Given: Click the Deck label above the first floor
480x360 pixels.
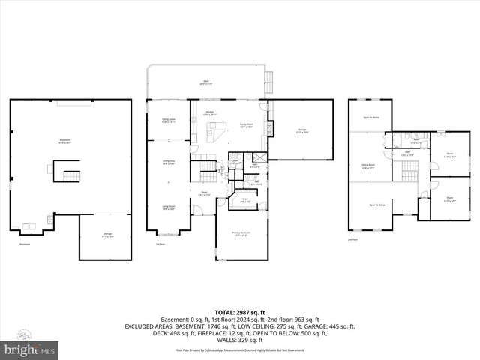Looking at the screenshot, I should point(205,83).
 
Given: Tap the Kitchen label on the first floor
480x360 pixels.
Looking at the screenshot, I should point(211,115).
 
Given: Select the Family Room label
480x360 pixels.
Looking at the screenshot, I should point(245,126).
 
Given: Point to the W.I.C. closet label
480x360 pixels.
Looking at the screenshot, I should point(244,200).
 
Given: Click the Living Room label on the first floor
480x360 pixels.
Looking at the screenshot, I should point(168,208).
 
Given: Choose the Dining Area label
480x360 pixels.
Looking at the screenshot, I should point(168,162).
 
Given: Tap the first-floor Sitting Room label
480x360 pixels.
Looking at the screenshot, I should point(168,120).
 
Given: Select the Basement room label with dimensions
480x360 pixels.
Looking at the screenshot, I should point(65,142).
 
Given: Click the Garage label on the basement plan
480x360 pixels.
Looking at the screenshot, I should point(107,235).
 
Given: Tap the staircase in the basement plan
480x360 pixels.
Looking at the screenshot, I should point(69,175).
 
